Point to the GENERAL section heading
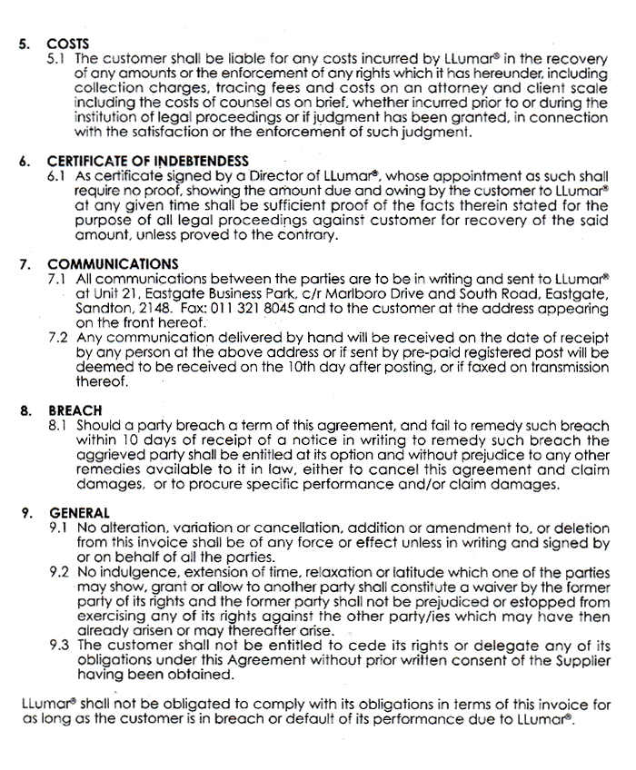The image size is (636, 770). click(79, 512)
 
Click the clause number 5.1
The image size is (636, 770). click(58, 56)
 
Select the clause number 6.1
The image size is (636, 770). click(58, 174)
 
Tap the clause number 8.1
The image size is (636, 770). click(58, 424)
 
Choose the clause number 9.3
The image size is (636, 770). click(58, 646)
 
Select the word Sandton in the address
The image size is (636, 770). click(102, 307)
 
